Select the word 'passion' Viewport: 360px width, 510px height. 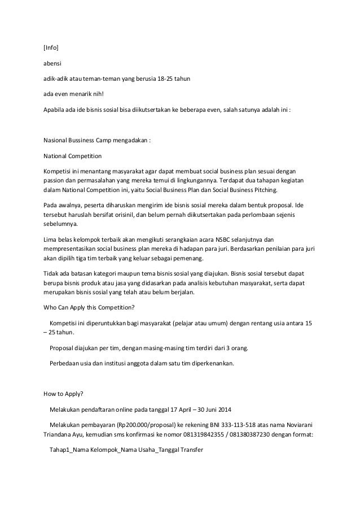click(x=54, y=179)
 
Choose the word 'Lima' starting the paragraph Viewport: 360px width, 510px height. click(x=50, y=240)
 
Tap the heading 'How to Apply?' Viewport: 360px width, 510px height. click(x=62, y=393)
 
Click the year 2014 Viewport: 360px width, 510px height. click(x=232, y=409)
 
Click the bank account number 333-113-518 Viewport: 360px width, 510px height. click(x=227, y=425)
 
